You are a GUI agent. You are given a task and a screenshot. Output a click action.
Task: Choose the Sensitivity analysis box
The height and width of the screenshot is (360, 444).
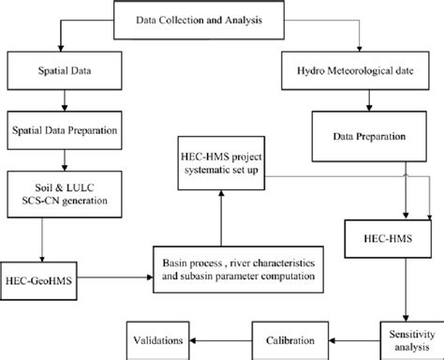[x=401, y=334]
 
